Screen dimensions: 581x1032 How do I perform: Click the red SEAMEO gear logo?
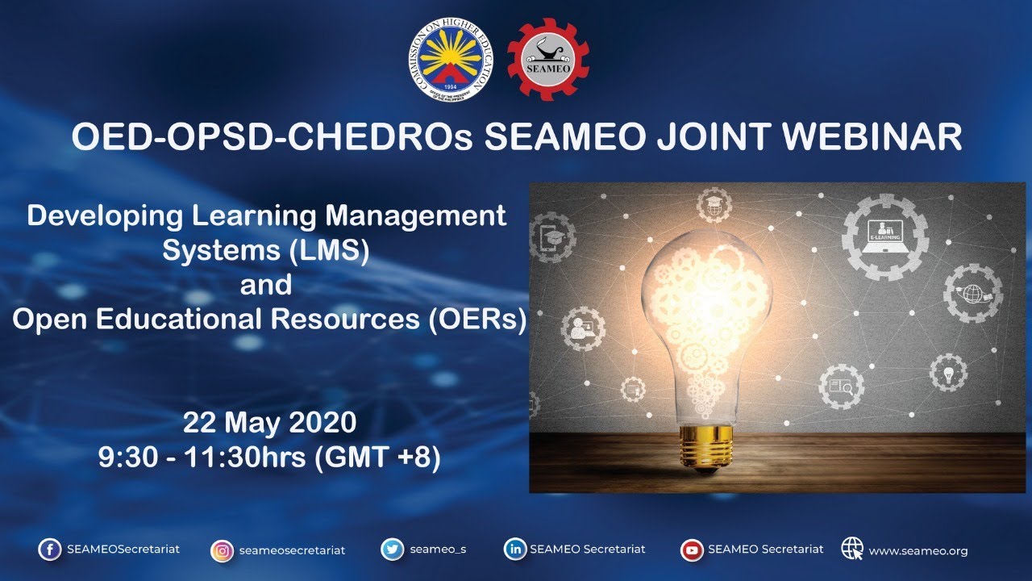(x=548, y=60)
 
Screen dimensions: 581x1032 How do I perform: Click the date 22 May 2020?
(x=268, y=423)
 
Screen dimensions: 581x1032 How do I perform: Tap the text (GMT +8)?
(x=377, y=458)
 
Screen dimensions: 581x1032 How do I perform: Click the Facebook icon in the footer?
(x=49, y=550)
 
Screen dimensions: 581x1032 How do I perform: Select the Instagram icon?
(x=222, y=551)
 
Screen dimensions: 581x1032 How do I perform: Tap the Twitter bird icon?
(x=393, y=550)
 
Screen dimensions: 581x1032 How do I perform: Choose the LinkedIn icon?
(x=514, y=550)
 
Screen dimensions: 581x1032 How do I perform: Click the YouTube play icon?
(x=692, y=550)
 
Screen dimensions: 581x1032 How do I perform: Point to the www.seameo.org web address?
(x=918, y=551)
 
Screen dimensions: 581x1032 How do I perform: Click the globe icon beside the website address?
(x=852, y=549)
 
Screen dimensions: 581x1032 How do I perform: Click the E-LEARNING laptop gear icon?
(x=884, y=236)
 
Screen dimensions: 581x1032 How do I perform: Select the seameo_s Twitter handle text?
(x=438, y=550)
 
